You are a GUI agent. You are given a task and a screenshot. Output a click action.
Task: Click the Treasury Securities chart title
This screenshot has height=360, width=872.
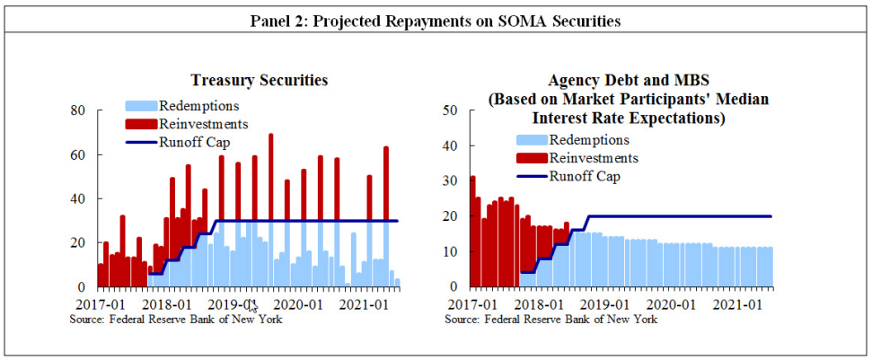[x=259, y=81]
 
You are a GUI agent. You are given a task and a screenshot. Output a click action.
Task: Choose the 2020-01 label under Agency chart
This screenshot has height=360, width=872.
[x=671, y=304]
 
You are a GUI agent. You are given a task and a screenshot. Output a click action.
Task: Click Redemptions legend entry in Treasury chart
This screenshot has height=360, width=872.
[x=198, y=106]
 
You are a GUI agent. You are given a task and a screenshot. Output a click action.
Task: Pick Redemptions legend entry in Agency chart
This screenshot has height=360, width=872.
[x=589, y=140]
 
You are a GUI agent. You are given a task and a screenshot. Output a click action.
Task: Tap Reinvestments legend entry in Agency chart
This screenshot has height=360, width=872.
[x=594, y=158]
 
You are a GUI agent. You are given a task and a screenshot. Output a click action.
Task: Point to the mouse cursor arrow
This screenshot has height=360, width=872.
[x=253, y=307]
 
